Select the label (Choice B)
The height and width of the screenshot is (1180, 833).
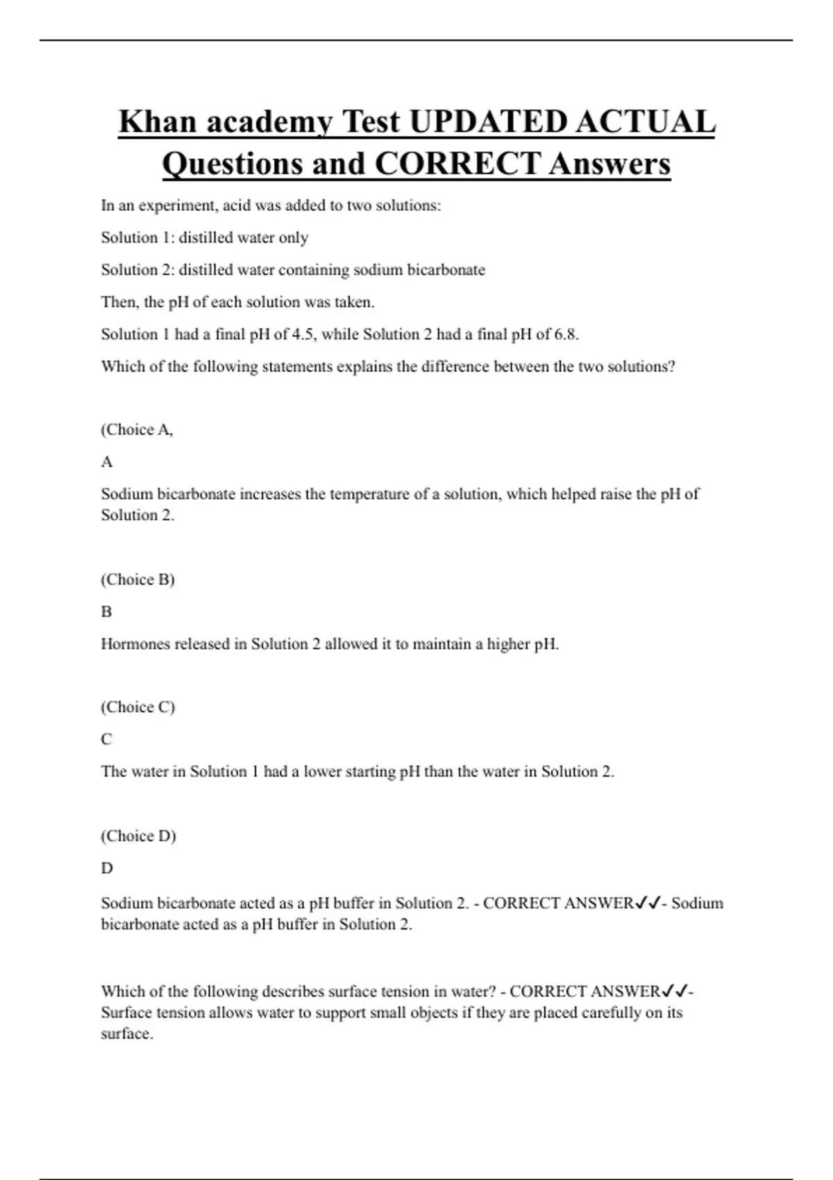[137, 580]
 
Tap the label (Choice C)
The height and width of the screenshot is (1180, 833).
[137, 707]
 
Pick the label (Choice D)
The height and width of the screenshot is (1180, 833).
[138, 836]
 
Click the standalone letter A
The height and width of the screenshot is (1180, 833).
[107, 462]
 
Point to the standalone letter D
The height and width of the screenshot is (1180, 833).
[107, 868]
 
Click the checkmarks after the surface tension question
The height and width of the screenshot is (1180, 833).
[675, 991]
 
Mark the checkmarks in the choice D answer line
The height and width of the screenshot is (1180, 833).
[648, 903]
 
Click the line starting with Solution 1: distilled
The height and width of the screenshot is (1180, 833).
[205, 237]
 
